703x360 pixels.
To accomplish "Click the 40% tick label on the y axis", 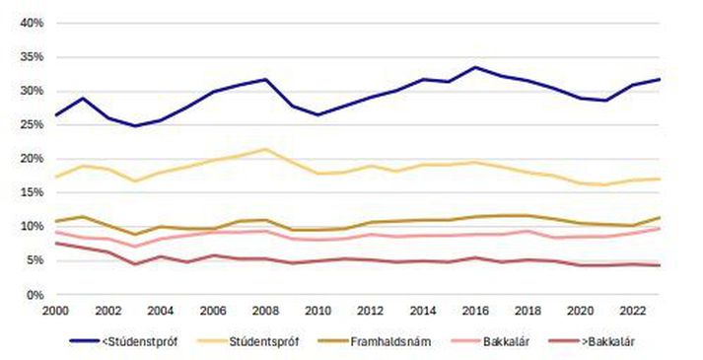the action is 33,23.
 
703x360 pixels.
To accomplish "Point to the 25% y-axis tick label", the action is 33,124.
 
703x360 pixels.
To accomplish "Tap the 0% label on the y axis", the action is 35,295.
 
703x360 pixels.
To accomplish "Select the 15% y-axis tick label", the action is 33,192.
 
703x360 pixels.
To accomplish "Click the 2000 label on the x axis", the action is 56,311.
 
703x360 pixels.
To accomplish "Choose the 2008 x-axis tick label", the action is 266,311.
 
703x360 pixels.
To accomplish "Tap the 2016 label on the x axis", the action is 475,311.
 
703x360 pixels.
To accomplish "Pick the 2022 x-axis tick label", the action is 633,311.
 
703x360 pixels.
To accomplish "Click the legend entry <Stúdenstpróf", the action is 124,341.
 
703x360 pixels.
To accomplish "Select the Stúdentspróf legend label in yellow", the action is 247,341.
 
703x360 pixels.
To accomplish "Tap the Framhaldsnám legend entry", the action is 375,341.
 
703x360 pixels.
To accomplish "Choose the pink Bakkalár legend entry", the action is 490,341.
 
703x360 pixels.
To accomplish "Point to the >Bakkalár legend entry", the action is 592,341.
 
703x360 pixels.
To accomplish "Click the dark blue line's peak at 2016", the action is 475,67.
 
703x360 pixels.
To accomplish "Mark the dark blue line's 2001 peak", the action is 82,98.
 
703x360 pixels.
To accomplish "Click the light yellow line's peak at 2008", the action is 266,149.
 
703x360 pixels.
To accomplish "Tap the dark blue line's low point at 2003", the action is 134,125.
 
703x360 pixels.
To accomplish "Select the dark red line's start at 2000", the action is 56,243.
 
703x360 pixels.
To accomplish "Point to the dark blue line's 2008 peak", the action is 266,79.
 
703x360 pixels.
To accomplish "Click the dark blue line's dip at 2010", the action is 318,114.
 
